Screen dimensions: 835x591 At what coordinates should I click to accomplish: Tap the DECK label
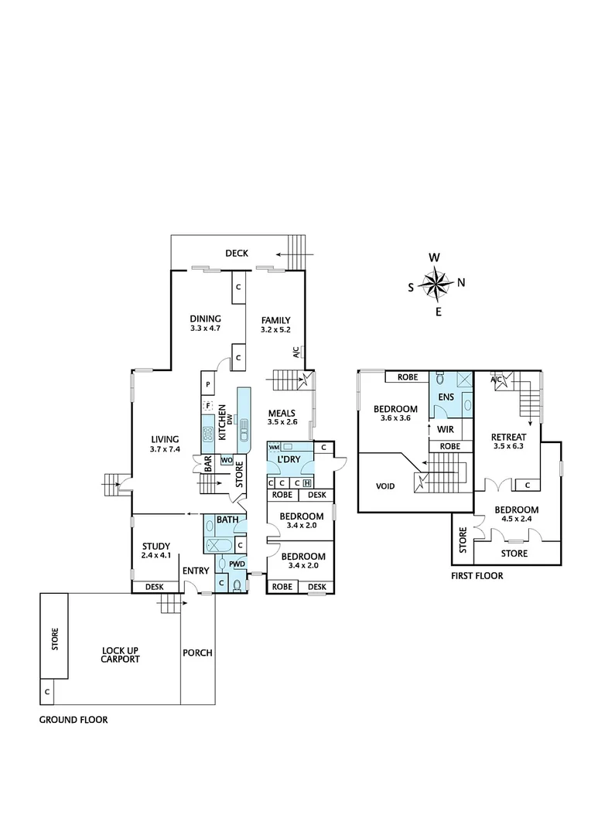[236, 253]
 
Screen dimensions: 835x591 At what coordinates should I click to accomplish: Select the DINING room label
[206, 319]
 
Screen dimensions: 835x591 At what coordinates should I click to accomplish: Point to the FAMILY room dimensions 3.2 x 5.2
[275, 329]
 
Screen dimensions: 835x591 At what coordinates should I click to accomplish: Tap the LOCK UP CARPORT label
[120, 655]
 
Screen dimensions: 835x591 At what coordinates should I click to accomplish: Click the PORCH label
[197, 653]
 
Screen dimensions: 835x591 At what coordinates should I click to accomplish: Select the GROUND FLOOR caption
[73, 719]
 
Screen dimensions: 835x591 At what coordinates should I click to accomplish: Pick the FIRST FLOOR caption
[477, 575]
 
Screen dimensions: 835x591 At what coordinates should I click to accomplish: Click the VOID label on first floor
[385, 487]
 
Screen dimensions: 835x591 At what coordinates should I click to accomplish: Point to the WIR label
[445, 428]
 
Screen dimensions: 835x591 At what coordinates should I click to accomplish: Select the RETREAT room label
[509, 437]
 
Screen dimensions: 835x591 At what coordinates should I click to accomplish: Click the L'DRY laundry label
[288, 460]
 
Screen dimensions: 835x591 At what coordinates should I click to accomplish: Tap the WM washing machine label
[274, 448]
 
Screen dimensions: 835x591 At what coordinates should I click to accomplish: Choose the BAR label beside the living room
[208, 463]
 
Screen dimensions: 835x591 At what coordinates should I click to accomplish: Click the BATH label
[227, 520]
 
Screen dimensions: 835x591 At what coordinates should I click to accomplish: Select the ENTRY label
[196, 571]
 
